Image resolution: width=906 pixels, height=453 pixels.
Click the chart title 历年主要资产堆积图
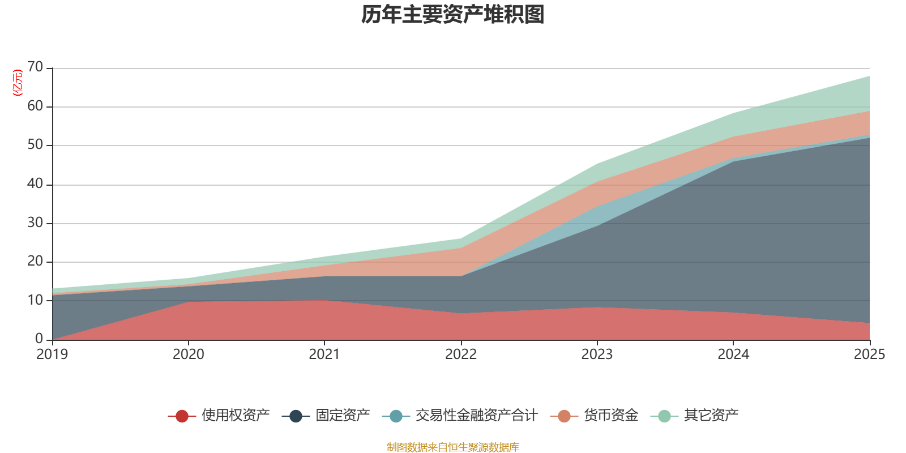point(453,15)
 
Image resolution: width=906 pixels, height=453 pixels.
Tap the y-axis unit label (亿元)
point(18,83)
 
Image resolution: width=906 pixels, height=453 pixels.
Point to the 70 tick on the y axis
point(35,67)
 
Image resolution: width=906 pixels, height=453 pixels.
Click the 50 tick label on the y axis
point(35,145)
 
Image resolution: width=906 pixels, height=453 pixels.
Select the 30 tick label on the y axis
point(35,223)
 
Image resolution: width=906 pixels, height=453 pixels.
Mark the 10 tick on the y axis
point(35,301)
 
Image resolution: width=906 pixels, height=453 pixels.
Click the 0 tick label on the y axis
point(39,339)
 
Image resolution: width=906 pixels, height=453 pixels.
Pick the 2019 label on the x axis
point(52,354)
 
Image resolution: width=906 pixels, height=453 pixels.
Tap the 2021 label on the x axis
point(324,354)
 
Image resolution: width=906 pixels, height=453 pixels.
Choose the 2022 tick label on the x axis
point(460,354)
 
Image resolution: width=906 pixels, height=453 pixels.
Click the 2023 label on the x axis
point(597,354)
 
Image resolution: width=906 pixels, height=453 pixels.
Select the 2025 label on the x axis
point(869,354)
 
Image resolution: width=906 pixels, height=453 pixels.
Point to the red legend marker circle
point(182,416)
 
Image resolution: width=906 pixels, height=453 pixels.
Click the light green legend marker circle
point(664,416)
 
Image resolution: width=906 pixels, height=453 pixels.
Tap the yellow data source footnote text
point(453,447)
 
